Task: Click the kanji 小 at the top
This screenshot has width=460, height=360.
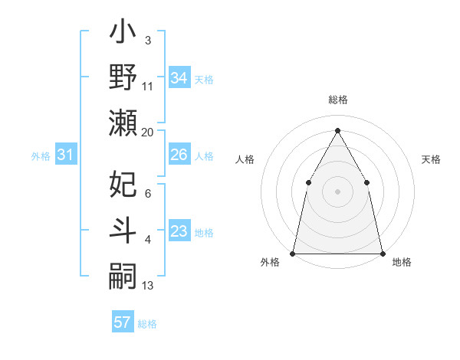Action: click(123, 35)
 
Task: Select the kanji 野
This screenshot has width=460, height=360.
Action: click(123, 78)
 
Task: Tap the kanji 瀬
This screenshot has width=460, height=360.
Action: click(123, 123)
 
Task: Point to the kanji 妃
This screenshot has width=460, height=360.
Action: click(123, 185)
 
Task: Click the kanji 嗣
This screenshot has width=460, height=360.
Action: click(123, 274)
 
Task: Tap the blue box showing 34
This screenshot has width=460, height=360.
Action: click(179, 78)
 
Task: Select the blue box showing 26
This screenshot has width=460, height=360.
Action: click(179, 155)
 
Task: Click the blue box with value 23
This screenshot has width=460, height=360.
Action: click(179, 232)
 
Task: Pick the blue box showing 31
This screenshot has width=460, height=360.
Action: click(66, 155)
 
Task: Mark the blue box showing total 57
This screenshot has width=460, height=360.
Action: click(123, 322)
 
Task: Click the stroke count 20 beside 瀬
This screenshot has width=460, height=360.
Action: click(148, 132)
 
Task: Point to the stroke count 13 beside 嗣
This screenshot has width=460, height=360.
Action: click(148, 285)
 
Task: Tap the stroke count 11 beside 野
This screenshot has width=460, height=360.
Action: click(148, 87)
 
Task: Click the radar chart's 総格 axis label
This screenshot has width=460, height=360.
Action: click(337, 100)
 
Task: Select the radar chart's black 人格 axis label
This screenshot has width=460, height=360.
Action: click(245, 159)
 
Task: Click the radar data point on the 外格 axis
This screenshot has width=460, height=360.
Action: click(293, 253)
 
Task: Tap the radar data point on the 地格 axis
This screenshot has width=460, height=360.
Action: click(382, 253)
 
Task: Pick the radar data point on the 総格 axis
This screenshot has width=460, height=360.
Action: click(337, 130)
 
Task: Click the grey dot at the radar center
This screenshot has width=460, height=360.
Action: click(337, 191)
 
